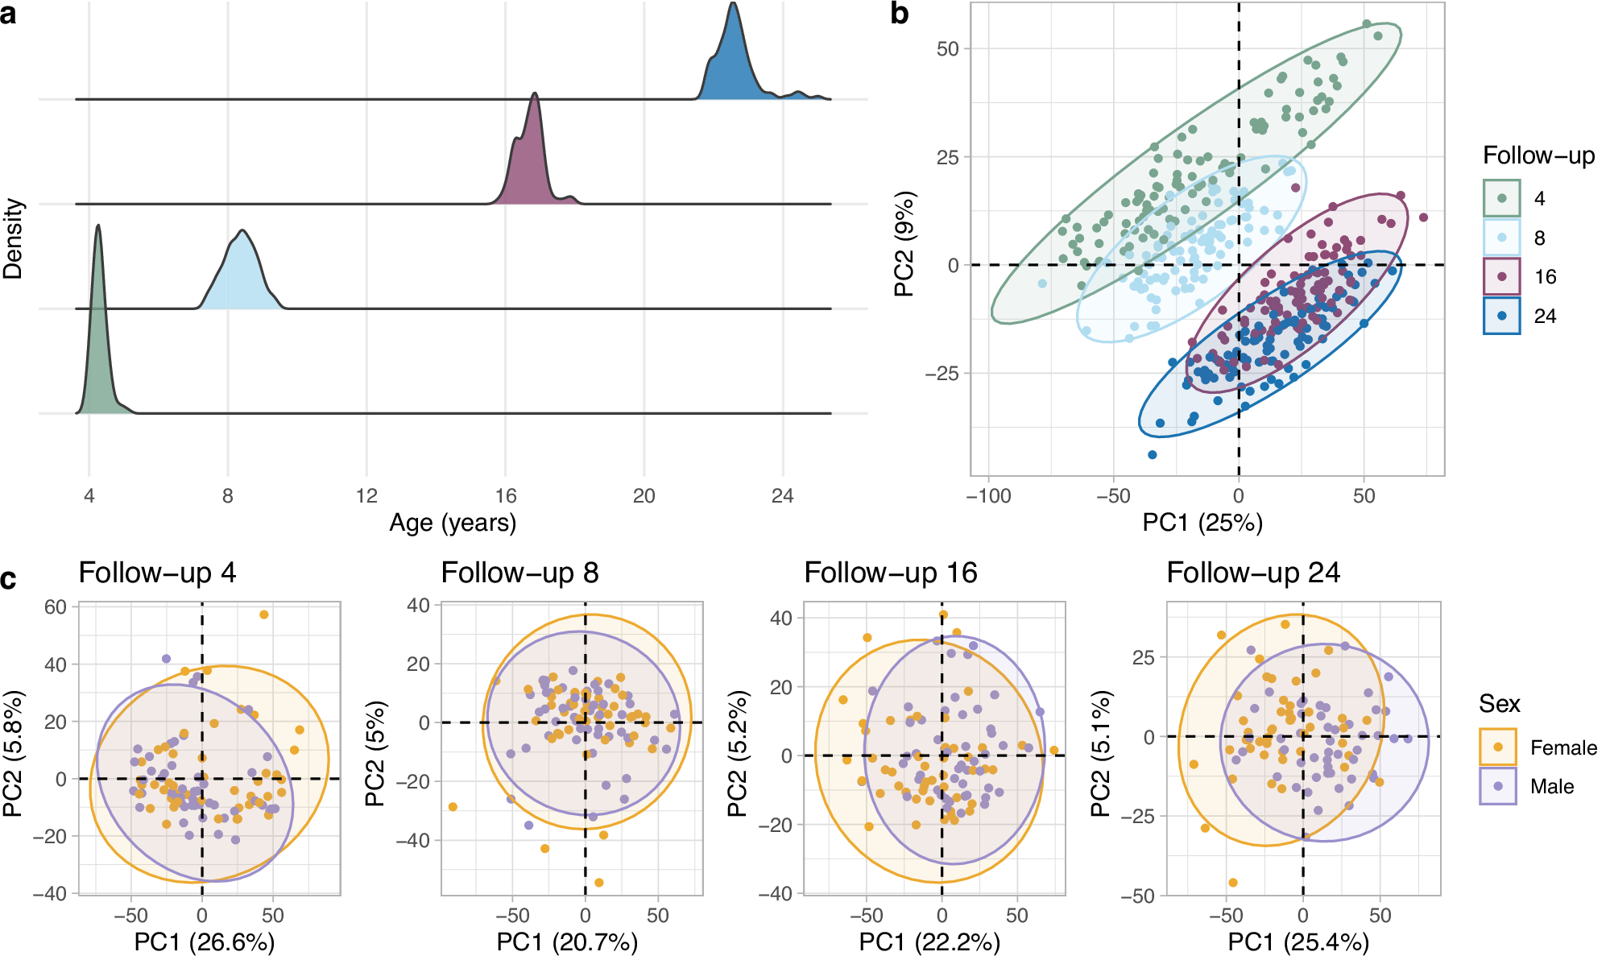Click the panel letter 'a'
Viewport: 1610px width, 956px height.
click(x=8, y=14)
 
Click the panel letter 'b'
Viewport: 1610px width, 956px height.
click(x=900, y=14)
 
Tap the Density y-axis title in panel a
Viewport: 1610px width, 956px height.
click(x=13, y=239)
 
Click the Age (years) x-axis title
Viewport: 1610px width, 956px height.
click(x=453, y=523)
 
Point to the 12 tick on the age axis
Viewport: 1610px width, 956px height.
click(x=366, y=495)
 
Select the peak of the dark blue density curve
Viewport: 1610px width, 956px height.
click(x=733, y=4)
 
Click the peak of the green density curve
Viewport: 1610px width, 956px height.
click(x=98, y=226)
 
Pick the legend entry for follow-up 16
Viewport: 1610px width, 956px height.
click(x=1502, y=277)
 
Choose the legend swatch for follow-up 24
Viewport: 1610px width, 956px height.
click(x=1502, y=316)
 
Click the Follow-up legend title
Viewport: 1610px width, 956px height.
click(x=1538, y=155)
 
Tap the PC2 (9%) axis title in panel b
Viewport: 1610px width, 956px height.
click(x=904, y=244)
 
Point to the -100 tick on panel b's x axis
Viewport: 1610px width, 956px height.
click(x=988, y=495)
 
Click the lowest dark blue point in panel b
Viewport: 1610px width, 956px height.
click(x=1152, y=455)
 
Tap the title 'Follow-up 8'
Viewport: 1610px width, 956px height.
click(x=519, y=573)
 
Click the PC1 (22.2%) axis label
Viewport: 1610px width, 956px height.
click(x=929, y=942)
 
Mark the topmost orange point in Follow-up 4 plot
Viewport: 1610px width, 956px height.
click(x=263, y=615)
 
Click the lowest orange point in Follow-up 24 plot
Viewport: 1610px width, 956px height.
click(x=1232, y=883)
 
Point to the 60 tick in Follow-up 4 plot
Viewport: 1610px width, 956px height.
click(x=56, y=606)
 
